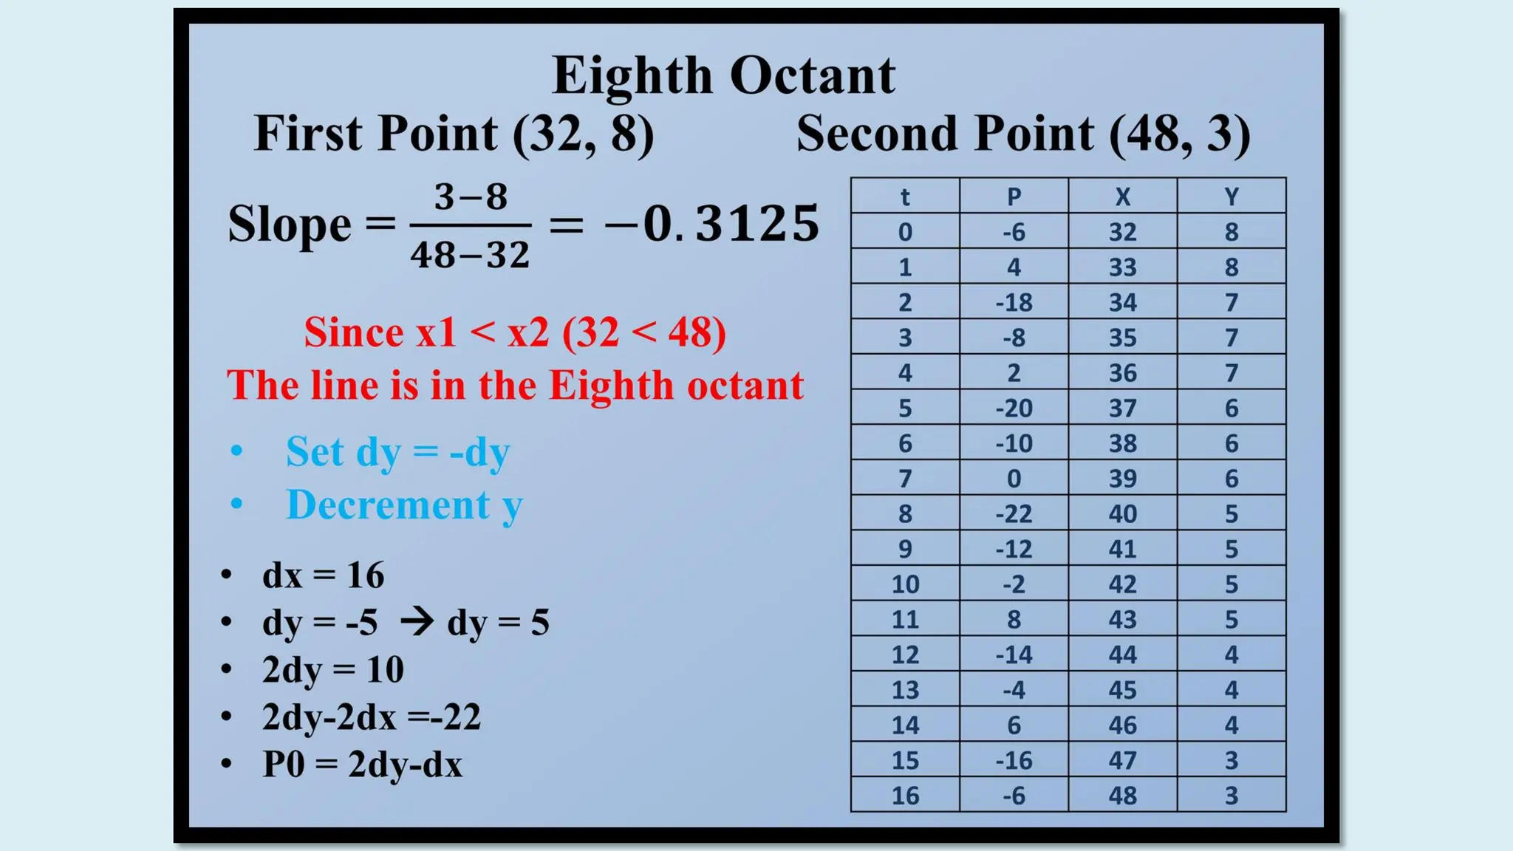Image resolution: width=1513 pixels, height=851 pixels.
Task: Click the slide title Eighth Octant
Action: click(x=723, y=75)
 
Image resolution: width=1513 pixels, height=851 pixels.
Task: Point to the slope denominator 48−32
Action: click(x=470, y=255)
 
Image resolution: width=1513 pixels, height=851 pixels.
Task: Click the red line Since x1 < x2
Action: click(x=515, y=332)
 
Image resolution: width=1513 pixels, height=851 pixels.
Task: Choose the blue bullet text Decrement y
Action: click(x=404, y=505)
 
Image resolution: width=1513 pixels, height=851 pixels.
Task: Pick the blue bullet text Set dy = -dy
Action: click(x=397, y=452)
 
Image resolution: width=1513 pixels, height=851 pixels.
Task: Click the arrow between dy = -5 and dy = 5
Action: click(x=417, y=621)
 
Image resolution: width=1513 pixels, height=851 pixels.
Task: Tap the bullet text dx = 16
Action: click(x=323, y=575)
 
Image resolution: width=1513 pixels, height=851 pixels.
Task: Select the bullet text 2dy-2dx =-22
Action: click(x=371, y=717)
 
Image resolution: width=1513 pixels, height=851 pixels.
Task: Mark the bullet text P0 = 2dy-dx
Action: click(x=362, y=764)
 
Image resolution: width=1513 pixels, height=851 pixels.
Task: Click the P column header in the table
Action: click(x=1014, y=196)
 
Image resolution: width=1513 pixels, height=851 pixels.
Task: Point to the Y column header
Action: click(x=1231, y=196)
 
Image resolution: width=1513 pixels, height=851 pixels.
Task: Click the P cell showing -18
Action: click(x=1014, y=302)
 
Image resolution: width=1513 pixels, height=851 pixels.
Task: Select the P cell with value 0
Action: click(x=1014, y=479)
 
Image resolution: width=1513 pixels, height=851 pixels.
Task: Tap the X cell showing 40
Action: click(x=1122, y=513)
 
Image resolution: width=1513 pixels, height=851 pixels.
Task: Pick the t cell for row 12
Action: click(x=905, y=655)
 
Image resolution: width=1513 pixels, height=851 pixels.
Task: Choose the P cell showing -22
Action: click(x=1014, y=513)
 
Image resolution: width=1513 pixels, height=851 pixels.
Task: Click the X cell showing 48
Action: click(x=1122, y=796)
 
